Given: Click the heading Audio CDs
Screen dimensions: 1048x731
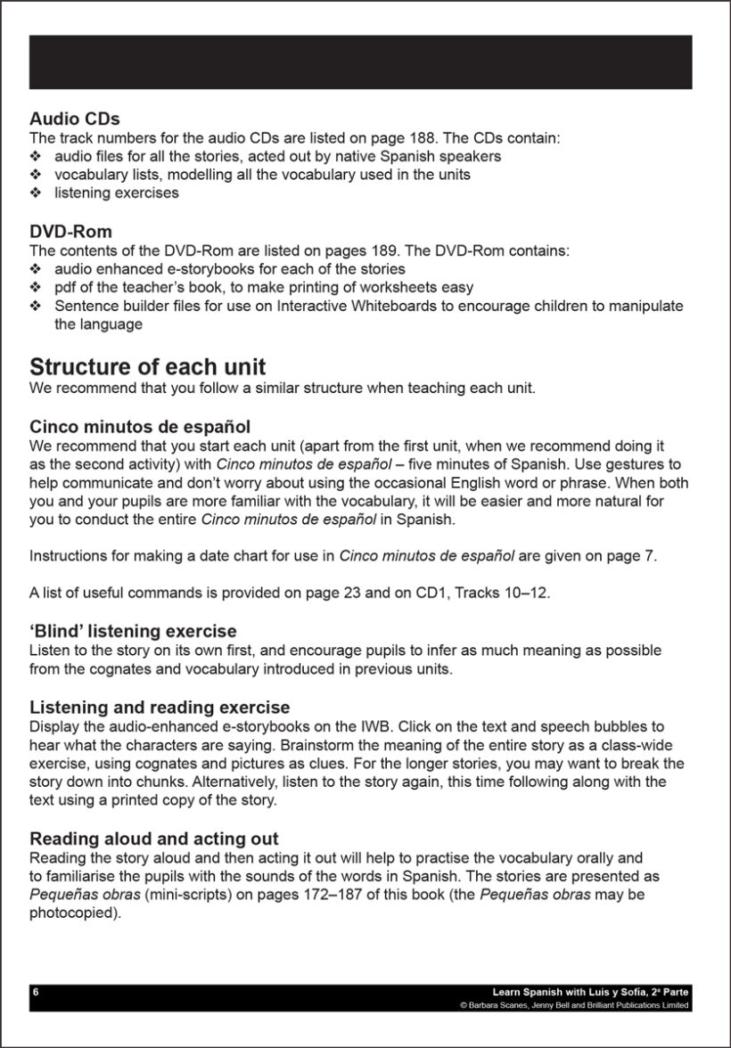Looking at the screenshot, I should pos(75,119).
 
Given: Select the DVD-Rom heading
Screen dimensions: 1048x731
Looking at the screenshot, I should pos(70,233).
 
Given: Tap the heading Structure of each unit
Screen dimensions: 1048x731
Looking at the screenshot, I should pos(147,367).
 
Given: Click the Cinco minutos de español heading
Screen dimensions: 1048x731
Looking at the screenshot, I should pos(145,427).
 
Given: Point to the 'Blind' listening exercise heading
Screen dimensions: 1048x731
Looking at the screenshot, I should pos(133,632).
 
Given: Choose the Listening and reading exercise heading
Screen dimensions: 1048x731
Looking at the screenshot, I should pos(160,708).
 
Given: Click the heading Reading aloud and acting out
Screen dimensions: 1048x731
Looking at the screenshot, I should pos(154,839).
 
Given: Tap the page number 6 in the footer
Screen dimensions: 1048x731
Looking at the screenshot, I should pos(35,991).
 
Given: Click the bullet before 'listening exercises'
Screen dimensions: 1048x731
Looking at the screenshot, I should pos(36,192).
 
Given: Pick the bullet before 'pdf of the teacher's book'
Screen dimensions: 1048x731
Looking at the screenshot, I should pos(36,287).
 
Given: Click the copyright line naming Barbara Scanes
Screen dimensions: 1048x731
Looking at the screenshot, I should pos(574,1004).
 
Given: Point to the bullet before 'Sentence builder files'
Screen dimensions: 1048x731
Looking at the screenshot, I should pos(36,306).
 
